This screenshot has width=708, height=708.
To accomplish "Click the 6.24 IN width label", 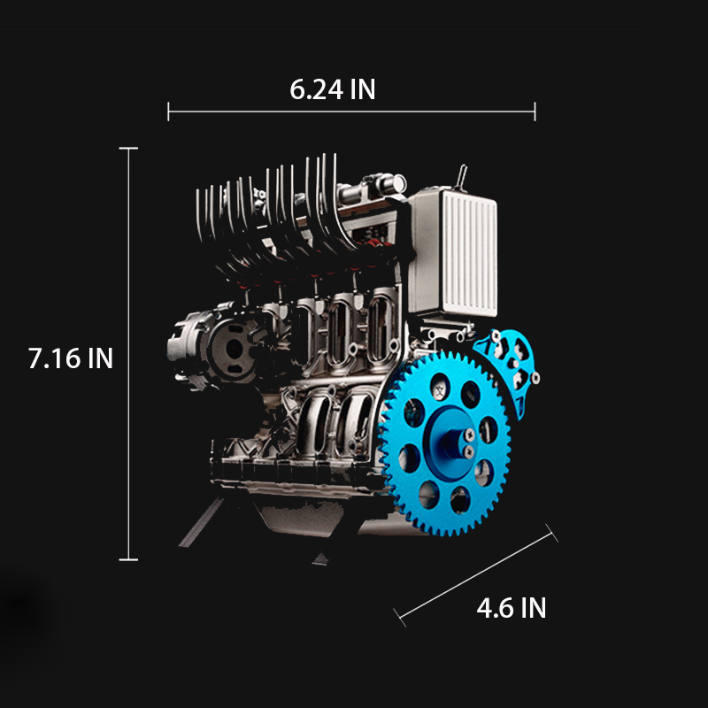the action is (x=333, y=89).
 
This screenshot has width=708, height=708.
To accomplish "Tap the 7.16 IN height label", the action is (x=71, y=358).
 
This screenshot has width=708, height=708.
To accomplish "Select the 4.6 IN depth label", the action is (x=512, y=608).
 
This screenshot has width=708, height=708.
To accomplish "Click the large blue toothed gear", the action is (x=447, y=443).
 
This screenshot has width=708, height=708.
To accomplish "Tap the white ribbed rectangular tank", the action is (x=454, y=252).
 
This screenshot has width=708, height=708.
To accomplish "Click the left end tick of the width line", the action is (x=168, y=112).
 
